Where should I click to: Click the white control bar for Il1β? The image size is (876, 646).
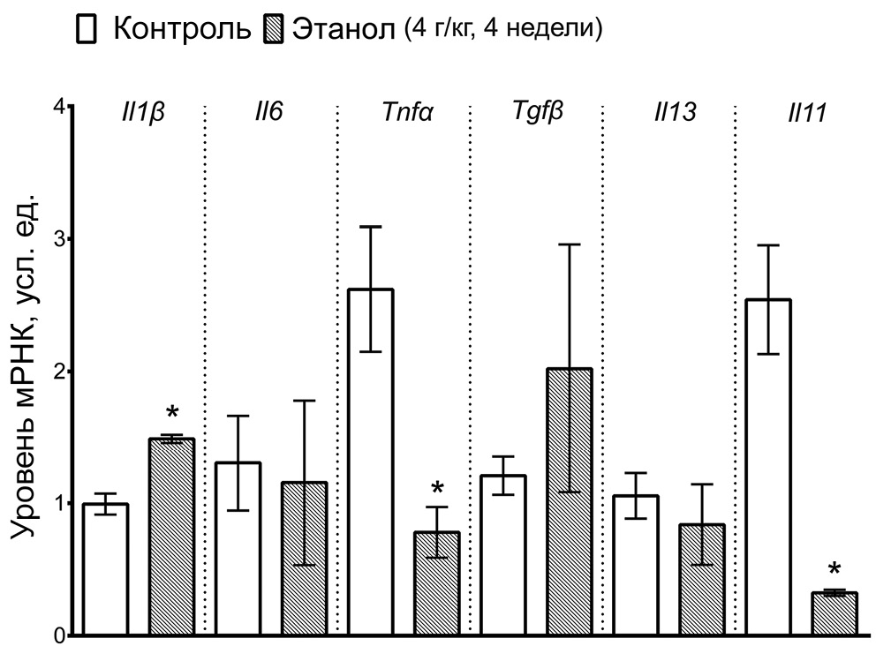pyautogui.click(x=106, y=569)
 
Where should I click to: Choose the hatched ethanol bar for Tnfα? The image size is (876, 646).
pyautogui.click(x=436, y=583)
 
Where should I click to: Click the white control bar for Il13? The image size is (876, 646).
pyautogui.click(x=635, y=565)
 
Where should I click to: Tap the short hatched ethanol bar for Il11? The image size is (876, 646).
pyautogui.click(x=834, y=614)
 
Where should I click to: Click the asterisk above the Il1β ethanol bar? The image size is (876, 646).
pyautogui.click(x=171, y=412)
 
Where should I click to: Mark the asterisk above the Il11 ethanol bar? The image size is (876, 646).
pyautogui.click(x=834, y=569)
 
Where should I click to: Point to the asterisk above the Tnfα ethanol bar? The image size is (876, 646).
pyautogui.click(x=436, y=488)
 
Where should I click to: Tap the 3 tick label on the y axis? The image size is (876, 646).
pyautogui.click(x=58, y=239)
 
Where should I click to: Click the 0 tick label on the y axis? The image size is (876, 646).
pyautogui.click(x=58, y=635)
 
